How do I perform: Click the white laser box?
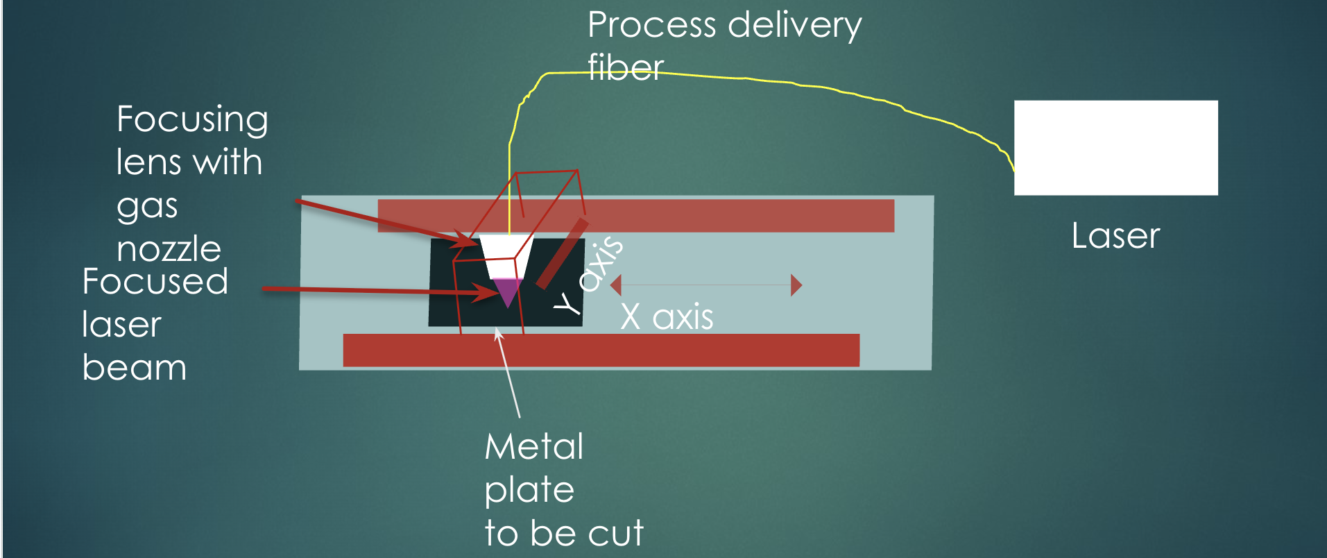coord(1115,147)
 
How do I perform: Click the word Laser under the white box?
coord(1115,236)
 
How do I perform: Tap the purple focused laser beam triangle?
coord(507,291)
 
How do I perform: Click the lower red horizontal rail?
coord(601,350)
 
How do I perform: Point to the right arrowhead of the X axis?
coord(796,285)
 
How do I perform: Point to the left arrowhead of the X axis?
coord(615,285)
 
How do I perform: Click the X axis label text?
coord(667,317)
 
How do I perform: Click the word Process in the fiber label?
coord(651,26)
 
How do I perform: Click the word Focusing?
coord(192,120)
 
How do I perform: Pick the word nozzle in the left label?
coord(169,249)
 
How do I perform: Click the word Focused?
coord(155,282)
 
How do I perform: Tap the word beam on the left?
coord(134,368)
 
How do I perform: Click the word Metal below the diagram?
coord(534,446)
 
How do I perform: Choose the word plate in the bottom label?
coord(529,491)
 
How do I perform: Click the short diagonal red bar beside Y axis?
coord(562,253)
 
